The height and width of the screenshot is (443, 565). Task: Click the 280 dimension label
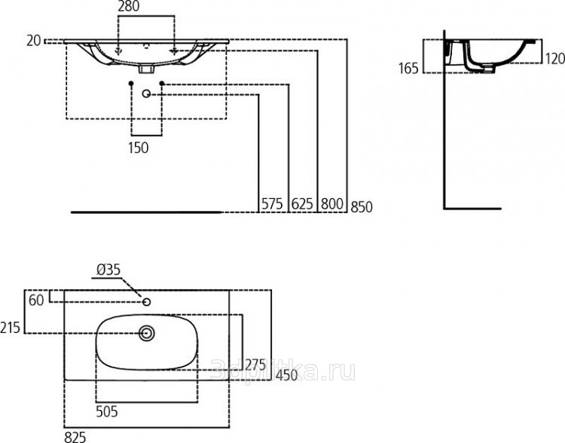(129, 6)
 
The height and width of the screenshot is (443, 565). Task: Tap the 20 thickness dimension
(33, 41)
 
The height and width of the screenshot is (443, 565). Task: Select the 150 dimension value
(139, 148)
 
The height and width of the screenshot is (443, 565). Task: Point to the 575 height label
(272, 204)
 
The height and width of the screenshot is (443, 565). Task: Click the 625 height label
(302, 204)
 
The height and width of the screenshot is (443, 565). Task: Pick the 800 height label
(332, 204)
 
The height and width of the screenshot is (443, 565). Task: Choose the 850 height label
(362, 207)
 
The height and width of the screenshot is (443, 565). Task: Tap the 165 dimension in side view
(408, 68)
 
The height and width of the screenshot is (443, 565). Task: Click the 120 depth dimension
(555, 59)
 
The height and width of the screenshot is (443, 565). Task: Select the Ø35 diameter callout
(108, 270)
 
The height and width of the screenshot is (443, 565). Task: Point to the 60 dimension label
(36, 301)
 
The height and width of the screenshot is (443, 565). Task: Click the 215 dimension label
(10, 328)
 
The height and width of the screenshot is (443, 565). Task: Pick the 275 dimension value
(255, 365)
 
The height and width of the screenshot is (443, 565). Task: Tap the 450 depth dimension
(287, 376)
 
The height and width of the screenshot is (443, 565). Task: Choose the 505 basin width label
(107, 411)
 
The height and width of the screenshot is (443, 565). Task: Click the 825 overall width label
(75, 437)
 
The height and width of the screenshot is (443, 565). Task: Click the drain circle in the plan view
(147, 334)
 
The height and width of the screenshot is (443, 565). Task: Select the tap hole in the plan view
(146, 301)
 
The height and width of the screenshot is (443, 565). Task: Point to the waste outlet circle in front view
(146, 93)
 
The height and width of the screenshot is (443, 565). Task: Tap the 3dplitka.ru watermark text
(282, 371)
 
